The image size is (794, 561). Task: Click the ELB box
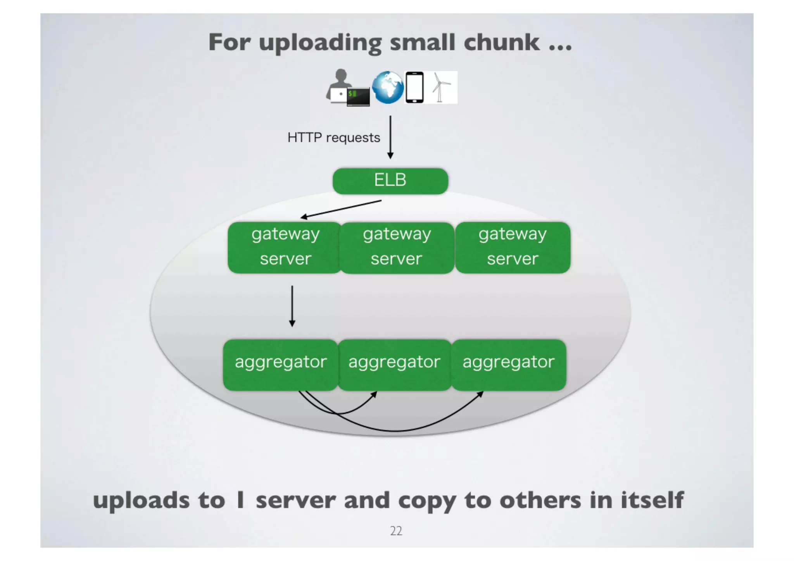(390, 181)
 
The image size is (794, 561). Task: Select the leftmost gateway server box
(285, 247)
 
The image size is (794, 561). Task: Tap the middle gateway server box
(396, 247)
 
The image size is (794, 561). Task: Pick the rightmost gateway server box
(513, 247)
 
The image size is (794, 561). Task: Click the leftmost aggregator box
(280, 364)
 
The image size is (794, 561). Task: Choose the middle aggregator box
(394, 364)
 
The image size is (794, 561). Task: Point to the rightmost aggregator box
(508, 364)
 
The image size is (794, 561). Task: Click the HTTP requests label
(333, 138)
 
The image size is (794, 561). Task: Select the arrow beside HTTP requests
(390, 137)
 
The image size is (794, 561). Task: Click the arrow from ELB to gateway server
(341, 209)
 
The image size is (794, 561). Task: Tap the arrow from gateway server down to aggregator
(292, 306)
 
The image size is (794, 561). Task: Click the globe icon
(387, 87)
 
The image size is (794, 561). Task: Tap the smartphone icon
(414, 87)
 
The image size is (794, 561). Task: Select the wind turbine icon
(441, 87)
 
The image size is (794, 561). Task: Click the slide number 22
(396, 530)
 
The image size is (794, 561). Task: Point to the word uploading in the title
(320, 43)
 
